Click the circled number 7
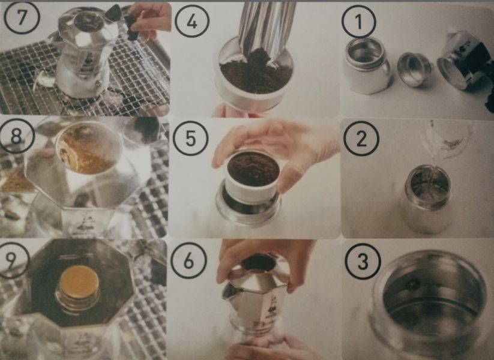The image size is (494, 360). pyautogui.click(x=22, y=17)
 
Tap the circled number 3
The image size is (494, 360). pyautogui.click(x=362, y=262)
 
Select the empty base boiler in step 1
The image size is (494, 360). pyautogui.click(x=367, y=65)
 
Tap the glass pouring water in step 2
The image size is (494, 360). pyautogui.click(x=448, y=138)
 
